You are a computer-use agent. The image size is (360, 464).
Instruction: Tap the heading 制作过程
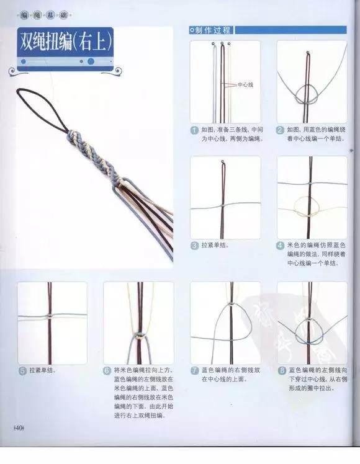point(213,30)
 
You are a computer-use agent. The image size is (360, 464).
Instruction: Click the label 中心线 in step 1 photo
point(246,86)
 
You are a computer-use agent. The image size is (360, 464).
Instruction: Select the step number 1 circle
point(194,130)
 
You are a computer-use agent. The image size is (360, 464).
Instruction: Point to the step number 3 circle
point(194,246)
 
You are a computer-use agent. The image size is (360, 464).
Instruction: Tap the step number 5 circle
point(22,370)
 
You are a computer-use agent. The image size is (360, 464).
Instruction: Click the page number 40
point(17,428)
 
